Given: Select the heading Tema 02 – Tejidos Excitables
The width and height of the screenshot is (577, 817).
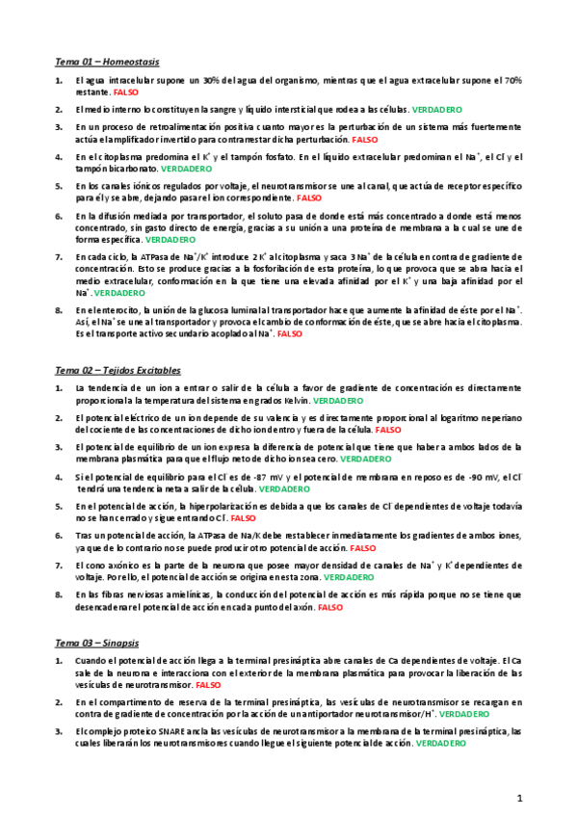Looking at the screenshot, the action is click(x=118, y=370).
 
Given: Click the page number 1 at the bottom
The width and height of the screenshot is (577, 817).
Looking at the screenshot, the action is click(x=519, y=798).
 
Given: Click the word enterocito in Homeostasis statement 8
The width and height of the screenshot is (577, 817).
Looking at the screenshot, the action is click(x=108, y=310).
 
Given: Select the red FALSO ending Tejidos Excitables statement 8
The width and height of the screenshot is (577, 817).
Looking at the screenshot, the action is click(x=329, y=608).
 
